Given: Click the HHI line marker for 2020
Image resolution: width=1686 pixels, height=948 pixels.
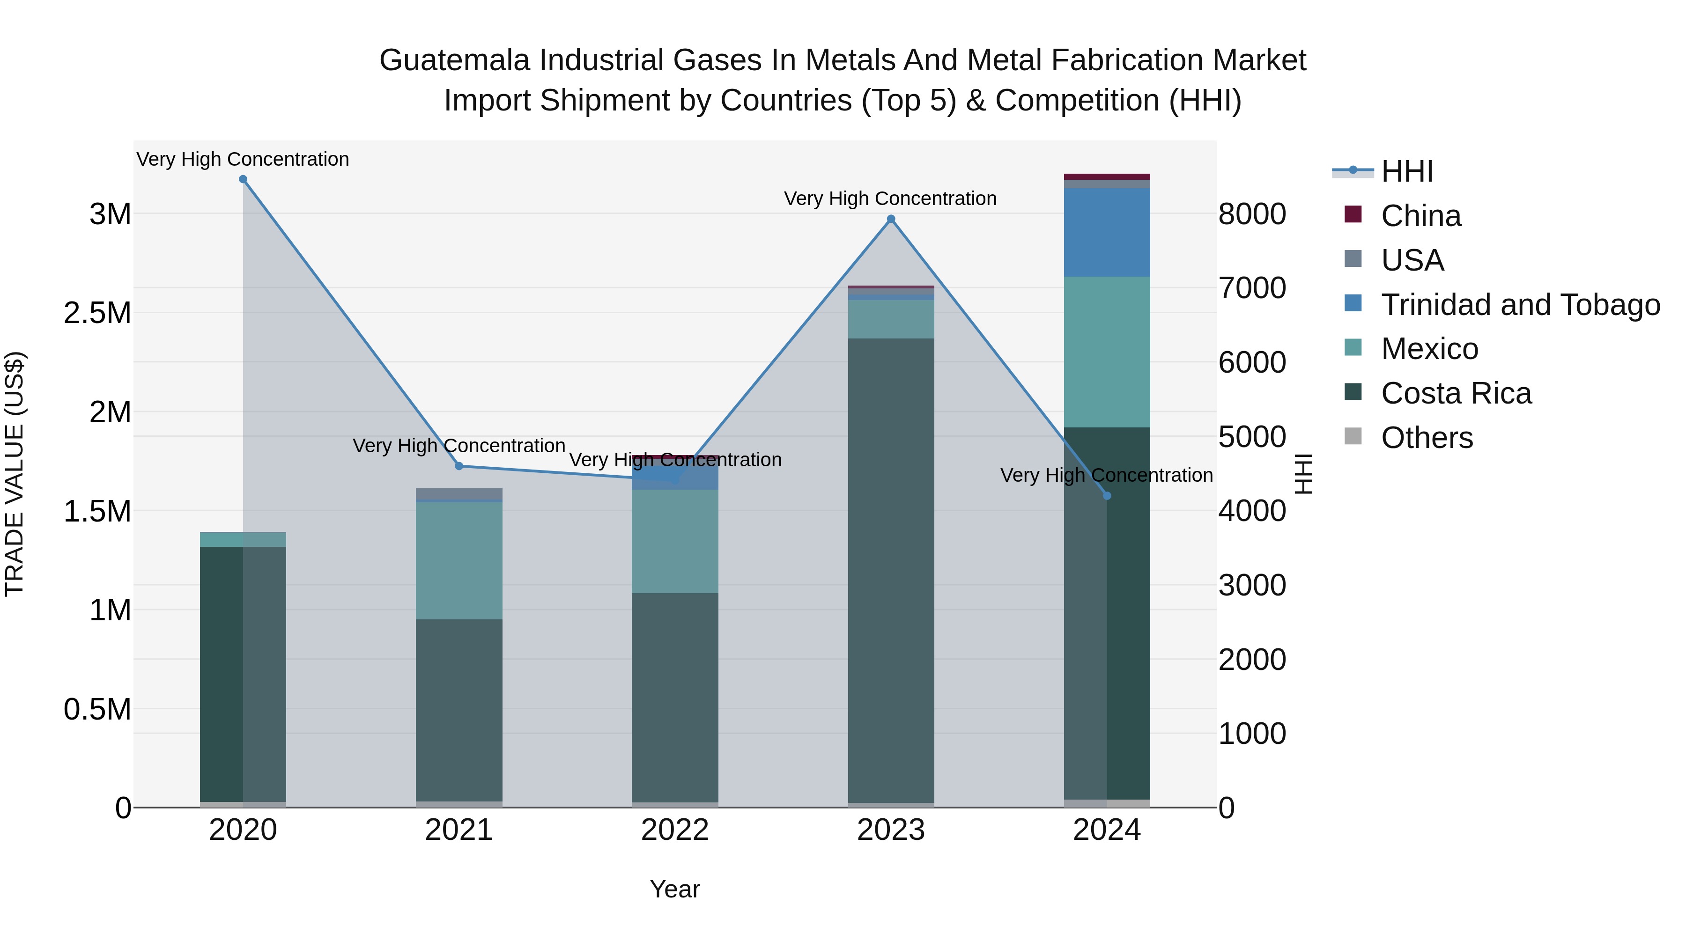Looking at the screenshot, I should coord(243,179).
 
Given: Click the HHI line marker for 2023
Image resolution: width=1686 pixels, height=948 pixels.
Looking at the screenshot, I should coord(891,219).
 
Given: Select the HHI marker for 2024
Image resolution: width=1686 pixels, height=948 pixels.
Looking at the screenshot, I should coord(1107,496).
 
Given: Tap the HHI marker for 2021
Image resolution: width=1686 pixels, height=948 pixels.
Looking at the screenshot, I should coord(459,466).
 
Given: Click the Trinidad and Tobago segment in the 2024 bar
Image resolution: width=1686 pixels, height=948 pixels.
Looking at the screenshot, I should coord(1107,232).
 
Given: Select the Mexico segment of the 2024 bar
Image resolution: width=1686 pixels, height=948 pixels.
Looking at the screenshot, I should coord(1107,352).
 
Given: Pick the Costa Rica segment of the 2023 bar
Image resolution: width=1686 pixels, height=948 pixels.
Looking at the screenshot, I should coord(891,569).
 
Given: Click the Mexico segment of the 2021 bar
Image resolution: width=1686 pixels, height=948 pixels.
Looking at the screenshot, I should coord(459,561).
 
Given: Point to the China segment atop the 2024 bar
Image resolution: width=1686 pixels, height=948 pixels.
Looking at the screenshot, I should coord(1107,176).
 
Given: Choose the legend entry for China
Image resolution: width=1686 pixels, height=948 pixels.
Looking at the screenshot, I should coord(1420,216).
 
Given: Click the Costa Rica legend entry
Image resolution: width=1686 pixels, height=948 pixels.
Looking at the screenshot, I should coord(1456,393).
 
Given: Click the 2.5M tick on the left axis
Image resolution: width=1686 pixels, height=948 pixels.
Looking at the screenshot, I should coord(97,313).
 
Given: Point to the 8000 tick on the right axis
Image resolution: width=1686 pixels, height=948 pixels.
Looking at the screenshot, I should coord(1252,214).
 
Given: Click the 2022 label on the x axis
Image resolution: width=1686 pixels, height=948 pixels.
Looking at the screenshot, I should coord(675,830).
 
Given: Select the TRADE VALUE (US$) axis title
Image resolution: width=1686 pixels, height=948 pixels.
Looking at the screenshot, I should coord(15,474).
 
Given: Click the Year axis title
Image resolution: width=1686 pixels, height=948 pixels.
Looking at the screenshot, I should coord(675,889).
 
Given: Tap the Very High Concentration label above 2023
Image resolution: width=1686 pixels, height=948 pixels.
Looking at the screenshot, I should coord(890,198).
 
